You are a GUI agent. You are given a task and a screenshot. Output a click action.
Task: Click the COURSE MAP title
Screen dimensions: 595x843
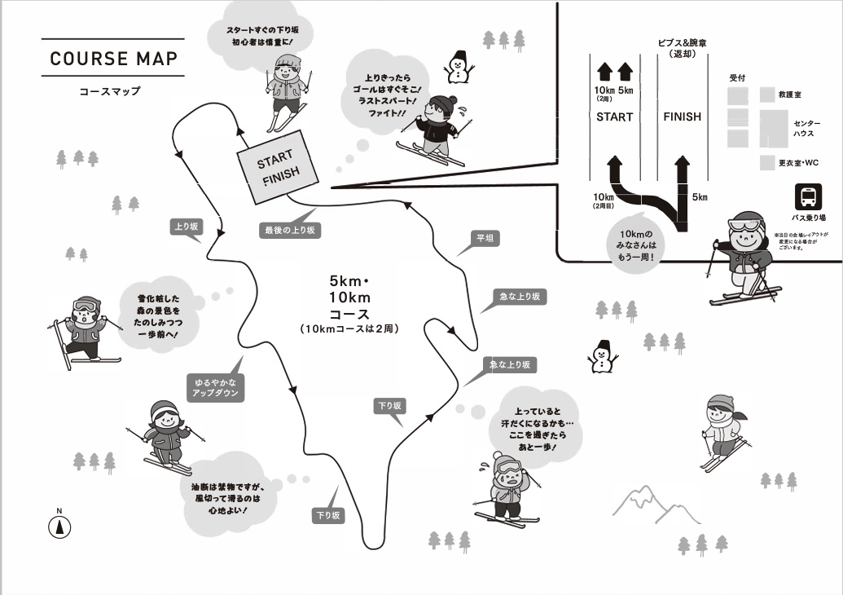(113, 59)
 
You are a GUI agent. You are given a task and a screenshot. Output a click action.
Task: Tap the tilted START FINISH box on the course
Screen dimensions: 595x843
(279, 166)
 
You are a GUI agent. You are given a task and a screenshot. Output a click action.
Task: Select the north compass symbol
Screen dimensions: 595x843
(59, 525)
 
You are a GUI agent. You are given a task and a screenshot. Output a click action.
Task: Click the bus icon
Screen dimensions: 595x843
(808, 197)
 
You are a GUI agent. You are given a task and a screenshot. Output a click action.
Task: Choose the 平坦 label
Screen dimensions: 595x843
(485, 239)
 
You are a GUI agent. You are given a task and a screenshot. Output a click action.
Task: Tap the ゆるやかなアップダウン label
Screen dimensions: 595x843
(215, 386)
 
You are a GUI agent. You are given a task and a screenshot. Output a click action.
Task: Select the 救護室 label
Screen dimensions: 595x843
(791, 95)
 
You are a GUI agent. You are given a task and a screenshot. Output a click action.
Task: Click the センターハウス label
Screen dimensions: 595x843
(806, 128)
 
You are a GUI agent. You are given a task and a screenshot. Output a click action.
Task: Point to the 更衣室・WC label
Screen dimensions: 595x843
(798, 163)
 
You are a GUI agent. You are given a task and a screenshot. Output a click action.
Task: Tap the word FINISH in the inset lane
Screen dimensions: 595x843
(682, 117)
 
